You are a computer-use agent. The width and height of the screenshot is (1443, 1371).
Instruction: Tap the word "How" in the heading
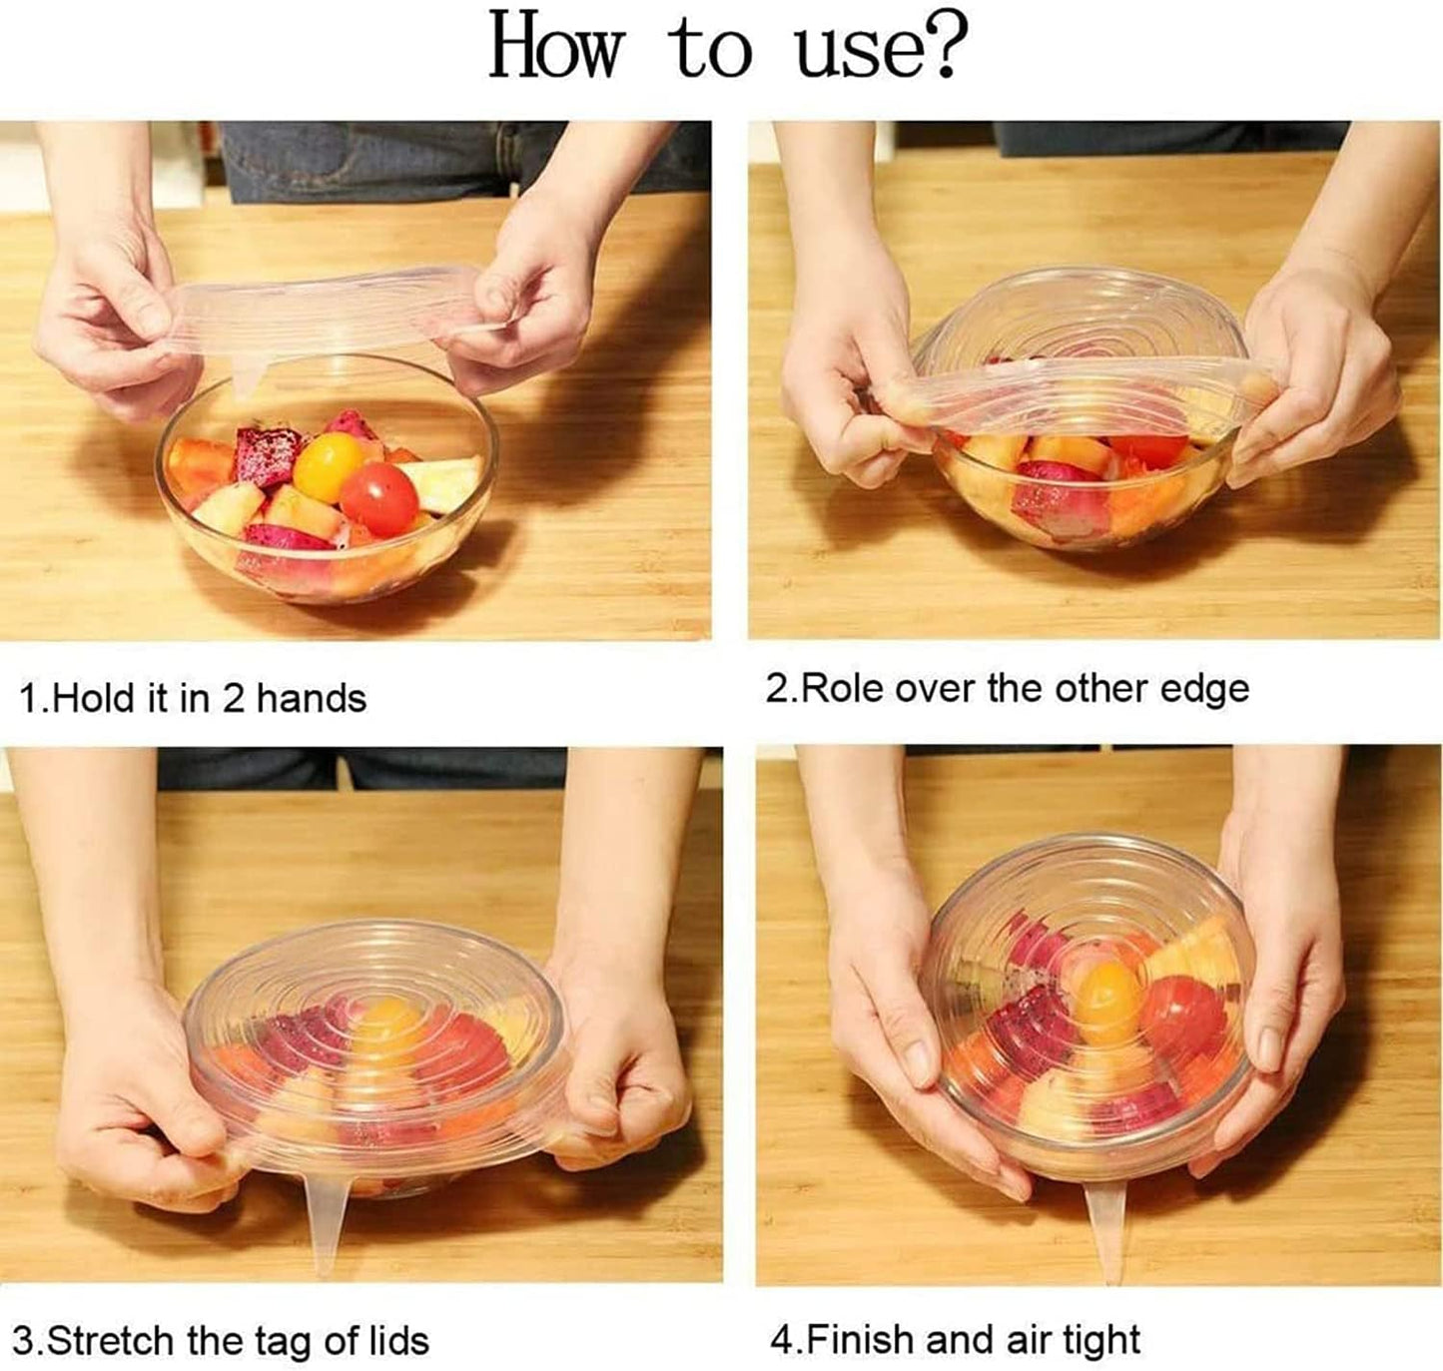pos(555,46)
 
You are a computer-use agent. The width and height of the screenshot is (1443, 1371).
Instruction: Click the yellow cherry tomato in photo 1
pos(328,466)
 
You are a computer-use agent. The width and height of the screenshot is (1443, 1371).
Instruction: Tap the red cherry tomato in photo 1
pos(378,499)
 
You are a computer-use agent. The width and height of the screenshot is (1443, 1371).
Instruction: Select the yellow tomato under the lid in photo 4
pos(1109,1002)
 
